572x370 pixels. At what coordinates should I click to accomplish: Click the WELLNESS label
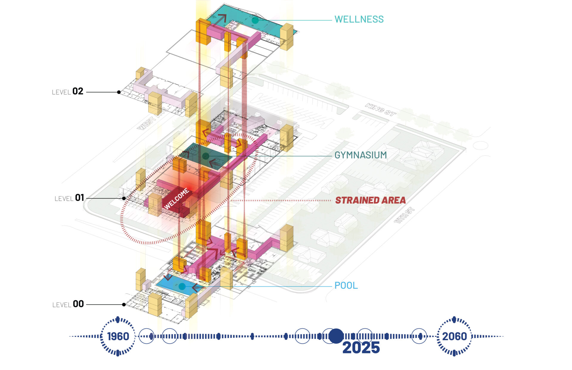(x=359, y=19)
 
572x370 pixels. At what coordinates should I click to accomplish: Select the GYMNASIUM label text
(x=360, y=155)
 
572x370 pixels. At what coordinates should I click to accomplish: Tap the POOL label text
(x=346, y=286)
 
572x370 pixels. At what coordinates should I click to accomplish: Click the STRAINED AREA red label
(x=370, y=200)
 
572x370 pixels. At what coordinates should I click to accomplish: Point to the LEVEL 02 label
(x=68, y=91)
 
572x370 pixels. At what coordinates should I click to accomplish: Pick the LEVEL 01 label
(x=69, y=198)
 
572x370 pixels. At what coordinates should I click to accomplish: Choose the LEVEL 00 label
(x=68, y=304)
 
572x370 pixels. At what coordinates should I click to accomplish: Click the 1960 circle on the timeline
(x=118, y=336)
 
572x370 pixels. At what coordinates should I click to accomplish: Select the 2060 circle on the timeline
(x=454, y=336)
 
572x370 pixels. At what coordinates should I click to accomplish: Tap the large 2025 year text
(x=361, y=348)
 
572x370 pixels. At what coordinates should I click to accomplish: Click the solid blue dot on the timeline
(x=336, y=336)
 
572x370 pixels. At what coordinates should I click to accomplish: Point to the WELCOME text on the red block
(x=176, y=198)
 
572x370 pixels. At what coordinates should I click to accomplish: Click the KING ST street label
(x=380, y=109)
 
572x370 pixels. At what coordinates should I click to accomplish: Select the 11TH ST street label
(x=404, y=215)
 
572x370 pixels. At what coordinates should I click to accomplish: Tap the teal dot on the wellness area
(x=255, y=20)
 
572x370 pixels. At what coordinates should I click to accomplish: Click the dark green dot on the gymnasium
(x=206, y=156)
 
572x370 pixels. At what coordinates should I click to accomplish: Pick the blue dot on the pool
(x=182, y=287)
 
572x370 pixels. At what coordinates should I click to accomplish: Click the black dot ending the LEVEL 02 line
(x=119, y=92)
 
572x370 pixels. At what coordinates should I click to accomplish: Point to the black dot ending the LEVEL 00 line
(x=124, y=304)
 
